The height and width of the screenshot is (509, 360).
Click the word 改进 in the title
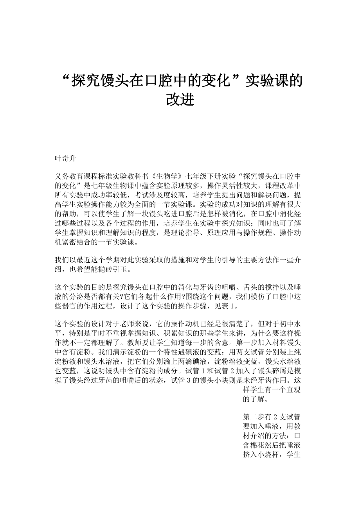180,99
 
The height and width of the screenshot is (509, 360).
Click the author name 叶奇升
65,159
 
